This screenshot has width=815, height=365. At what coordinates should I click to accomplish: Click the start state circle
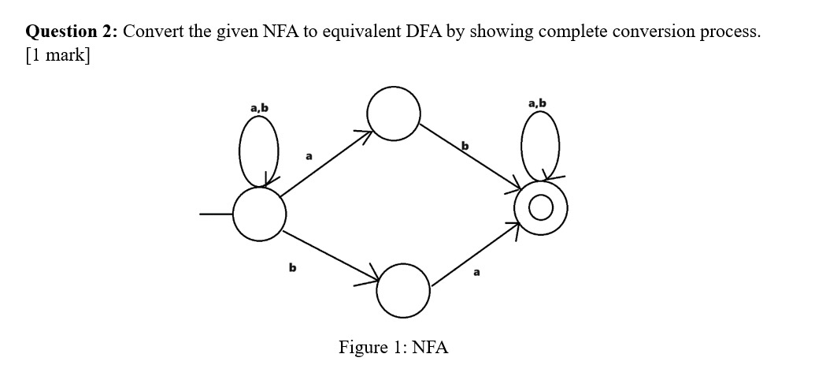click(x=259, y=214)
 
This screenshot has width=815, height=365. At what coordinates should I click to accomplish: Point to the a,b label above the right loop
click(x=538, y=102)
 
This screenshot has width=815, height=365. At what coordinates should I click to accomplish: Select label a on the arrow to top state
click(x=309, y=157)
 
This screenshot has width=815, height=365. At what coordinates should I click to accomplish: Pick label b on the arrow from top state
click(x=465, y=145)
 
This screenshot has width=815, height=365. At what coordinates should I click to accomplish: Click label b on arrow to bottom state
click(x=292, y=269)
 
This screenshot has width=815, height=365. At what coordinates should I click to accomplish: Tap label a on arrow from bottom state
click(x=476, y=272)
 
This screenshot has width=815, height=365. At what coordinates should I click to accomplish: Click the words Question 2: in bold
click(x=72, y=32)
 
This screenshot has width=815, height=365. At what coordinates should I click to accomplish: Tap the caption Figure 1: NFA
click(x=393, y=347)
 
